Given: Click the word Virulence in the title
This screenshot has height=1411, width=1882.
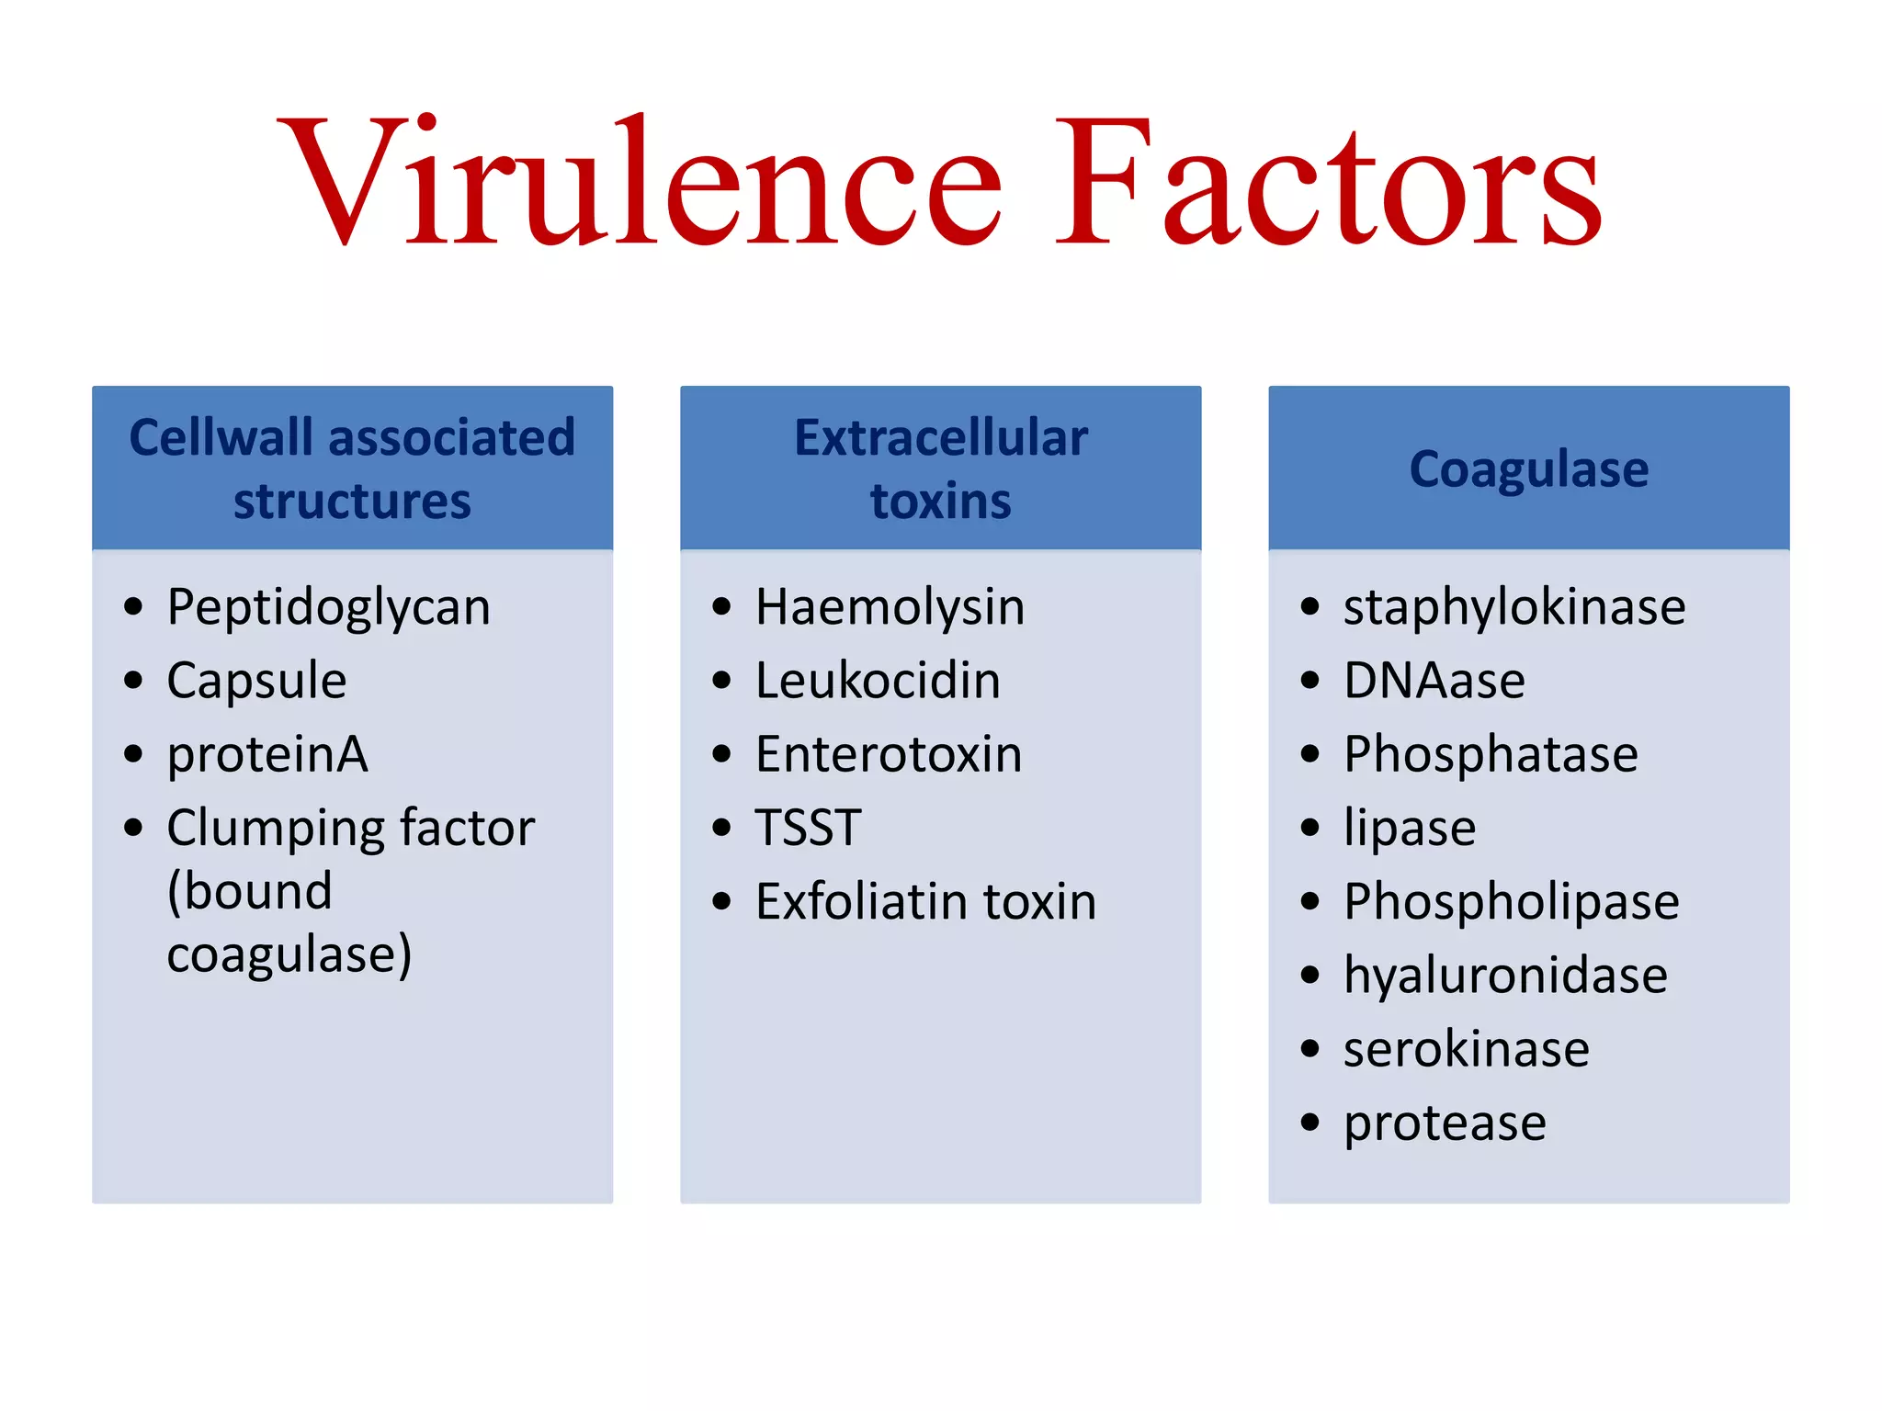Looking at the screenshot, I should coord(643,184).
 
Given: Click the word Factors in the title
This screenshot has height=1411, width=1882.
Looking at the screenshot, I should coord(1328,184).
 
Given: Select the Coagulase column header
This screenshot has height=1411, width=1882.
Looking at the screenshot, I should coord(1528,469).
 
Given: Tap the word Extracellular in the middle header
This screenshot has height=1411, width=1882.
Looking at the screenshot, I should coord(940,438).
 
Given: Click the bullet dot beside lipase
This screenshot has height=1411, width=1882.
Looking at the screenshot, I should coord(1309,828).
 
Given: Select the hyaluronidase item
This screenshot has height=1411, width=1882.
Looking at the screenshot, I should coord(1505,976).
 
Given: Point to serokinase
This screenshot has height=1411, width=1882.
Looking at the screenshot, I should coord(1466,1049).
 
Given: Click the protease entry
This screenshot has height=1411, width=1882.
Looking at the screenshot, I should coord(1445,1123).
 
